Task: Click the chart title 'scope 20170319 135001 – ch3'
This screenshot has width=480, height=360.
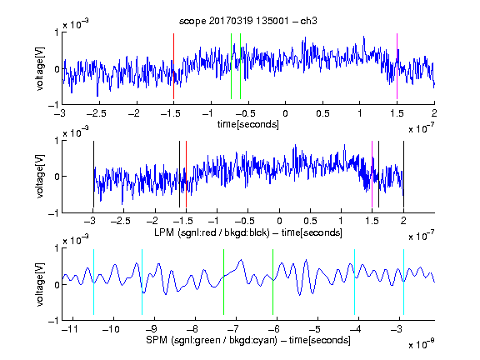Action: [x=248, y=21]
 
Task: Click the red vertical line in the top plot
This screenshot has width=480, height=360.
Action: [x=173, y=66]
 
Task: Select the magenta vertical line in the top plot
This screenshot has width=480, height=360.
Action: [x=397, y=66]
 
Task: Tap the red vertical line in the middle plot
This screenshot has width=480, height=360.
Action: [x=186, y=174]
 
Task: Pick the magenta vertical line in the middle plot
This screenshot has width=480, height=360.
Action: [x=372, y=174]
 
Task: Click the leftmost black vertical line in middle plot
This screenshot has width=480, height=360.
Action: [x=93, y=174]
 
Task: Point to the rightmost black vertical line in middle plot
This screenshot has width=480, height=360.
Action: [x=403, y=174]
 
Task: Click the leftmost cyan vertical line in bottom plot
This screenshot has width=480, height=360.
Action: [x=93, y=282]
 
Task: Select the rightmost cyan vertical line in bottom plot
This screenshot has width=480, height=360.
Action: [x=403, y=282]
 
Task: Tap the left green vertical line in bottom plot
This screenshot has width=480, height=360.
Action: [x=224, y=282]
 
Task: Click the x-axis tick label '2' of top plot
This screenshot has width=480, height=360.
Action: [x=434, y=113]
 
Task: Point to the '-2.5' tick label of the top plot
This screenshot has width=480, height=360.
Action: [x=97, y=113]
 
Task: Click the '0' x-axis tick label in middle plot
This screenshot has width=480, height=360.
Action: [x=279, y=221]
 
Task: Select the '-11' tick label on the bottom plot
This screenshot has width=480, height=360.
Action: [x=70, y=329]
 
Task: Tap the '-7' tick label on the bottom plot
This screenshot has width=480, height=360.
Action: [x=233, y=329]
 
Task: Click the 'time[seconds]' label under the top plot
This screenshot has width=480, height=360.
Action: [x=248, y=124]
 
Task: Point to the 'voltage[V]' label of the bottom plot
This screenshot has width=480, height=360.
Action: [x=40, y=284]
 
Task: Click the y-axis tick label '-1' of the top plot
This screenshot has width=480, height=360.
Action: [x=53, y=105]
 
